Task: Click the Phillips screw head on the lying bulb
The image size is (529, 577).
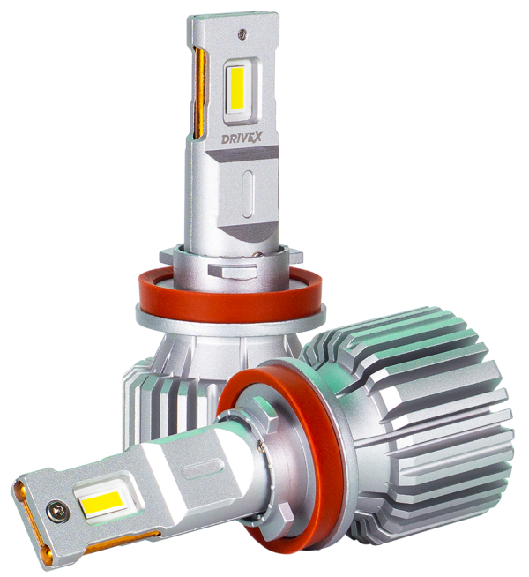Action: click(x=58, y=509)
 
